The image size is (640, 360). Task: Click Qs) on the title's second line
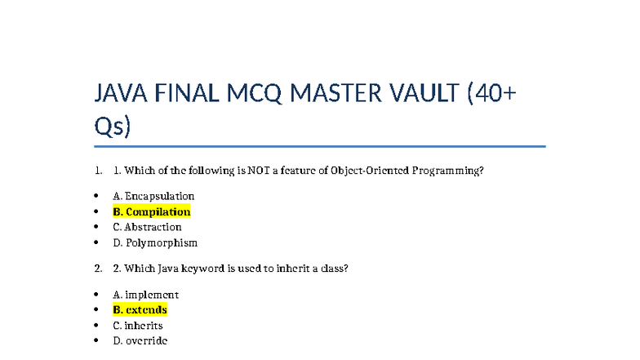113,127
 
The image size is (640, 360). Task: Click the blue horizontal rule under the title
320,147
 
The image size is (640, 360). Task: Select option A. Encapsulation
153,196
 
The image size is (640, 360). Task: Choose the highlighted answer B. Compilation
152,211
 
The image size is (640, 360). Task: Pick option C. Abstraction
147,227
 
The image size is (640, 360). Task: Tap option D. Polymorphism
155,242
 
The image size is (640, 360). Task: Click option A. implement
145,295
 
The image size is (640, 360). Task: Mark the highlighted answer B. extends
140,310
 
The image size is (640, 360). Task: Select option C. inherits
138,326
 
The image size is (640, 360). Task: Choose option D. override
140,340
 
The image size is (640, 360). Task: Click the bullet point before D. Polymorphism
96,242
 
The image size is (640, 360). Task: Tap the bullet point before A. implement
96,295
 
